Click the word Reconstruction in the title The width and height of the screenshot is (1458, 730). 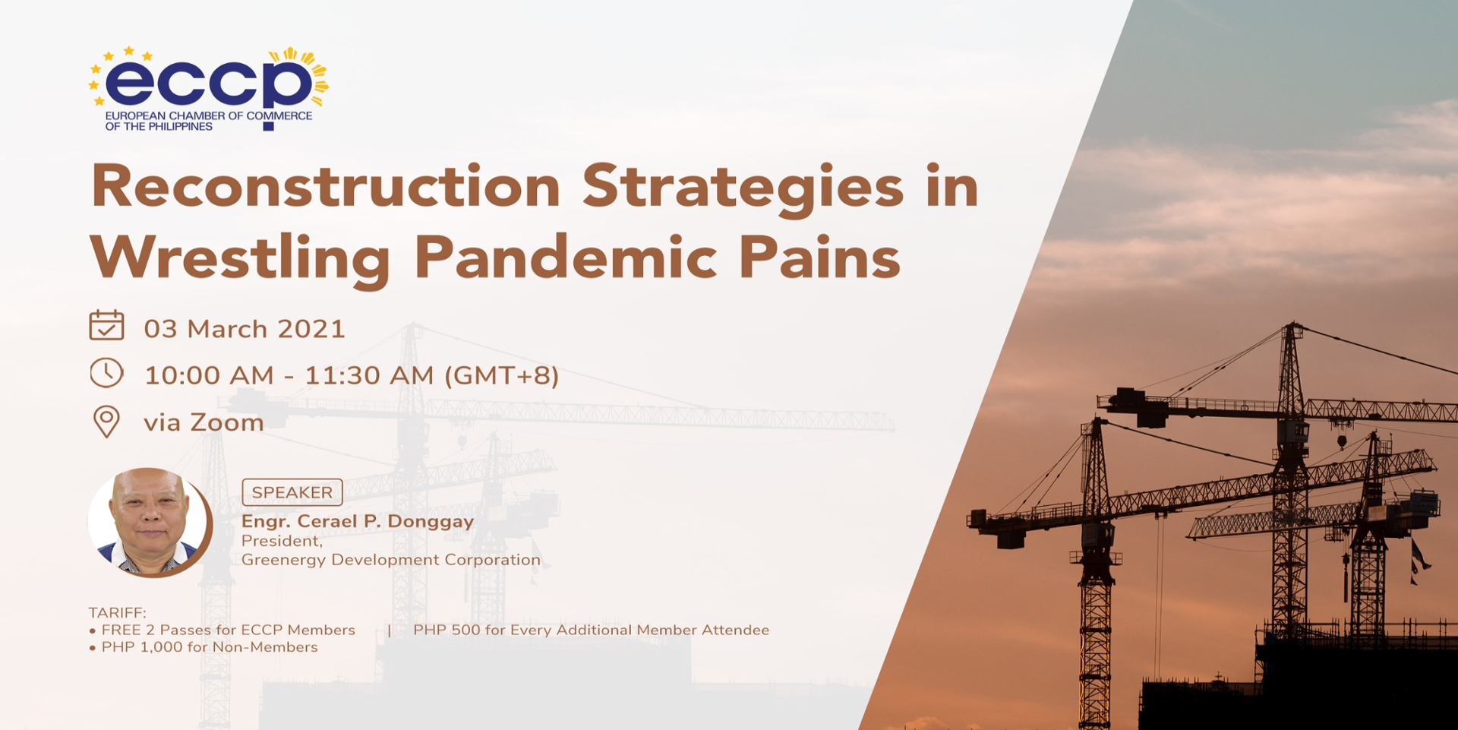(326, 187)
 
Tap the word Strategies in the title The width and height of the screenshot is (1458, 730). (743, 190)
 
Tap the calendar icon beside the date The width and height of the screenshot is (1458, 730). (106, 325)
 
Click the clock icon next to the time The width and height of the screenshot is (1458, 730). (106, 373)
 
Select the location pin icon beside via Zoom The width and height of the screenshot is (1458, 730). (106, 422)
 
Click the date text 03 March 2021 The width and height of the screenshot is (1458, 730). (245, 329)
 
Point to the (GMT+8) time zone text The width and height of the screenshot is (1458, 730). (502, 375)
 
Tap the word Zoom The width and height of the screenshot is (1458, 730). (227, 422)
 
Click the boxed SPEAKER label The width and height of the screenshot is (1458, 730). (292, 492)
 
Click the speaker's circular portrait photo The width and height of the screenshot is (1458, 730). (150, 522)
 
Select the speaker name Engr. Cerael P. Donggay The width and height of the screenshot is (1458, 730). (358, 522)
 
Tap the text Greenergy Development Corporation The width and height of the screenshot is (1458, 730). (391, 560)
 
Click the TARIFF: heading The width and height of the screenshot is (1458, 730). (118, 612)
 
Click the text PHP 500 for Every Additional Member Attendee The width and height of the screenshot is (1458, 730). (591, 630)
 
